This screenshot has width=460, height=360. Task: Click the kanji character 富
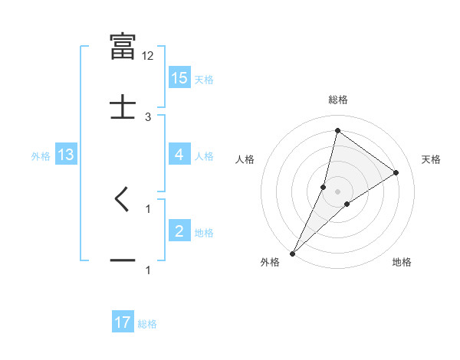click(x=123, y=45)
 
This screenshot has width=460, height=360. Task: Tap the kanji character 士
click(x=123, y=106)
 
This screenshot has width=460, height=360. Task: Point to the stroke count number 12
click(x=149, y=56)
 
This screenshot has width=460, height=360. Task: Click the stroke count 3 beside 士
click(x=148, y=116)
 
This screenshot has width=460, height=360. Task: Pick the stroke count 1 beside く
click(x=148, y=208)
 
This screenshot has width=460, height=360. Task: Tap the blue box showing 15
click(x=179, y=78)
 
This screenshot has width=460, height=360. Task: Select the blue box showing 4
click(x=179, y=155)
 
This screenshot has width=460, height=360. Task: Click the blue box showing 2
click(x=179, y=231)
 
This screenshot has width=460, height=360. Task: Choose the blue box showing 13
click(x=66, y=155)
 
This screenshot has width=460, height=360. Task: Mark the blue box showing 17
click(x=123, y=323)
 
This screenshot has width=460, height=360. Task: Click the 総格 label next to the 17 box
click(x=147, y=324)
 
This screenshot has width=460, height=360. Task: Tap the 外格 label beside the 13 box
click(x=41, y=156)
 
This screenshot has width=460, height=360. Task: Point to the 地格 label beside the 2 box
click(x=204, y=233)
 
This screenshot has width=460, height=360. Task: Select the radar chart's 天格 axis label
click(x=431, y=159)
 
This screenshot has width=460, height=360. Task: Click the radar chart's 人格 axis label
click(x=245, y=159)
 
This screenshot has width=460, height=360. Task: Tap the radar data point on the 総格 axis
click(x=337, y=130)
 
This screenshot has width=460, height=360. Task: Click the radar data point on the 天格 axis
click(x=396, y=172)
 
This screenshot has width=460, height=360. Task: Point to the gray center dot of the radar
click(x=337, y=191)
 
